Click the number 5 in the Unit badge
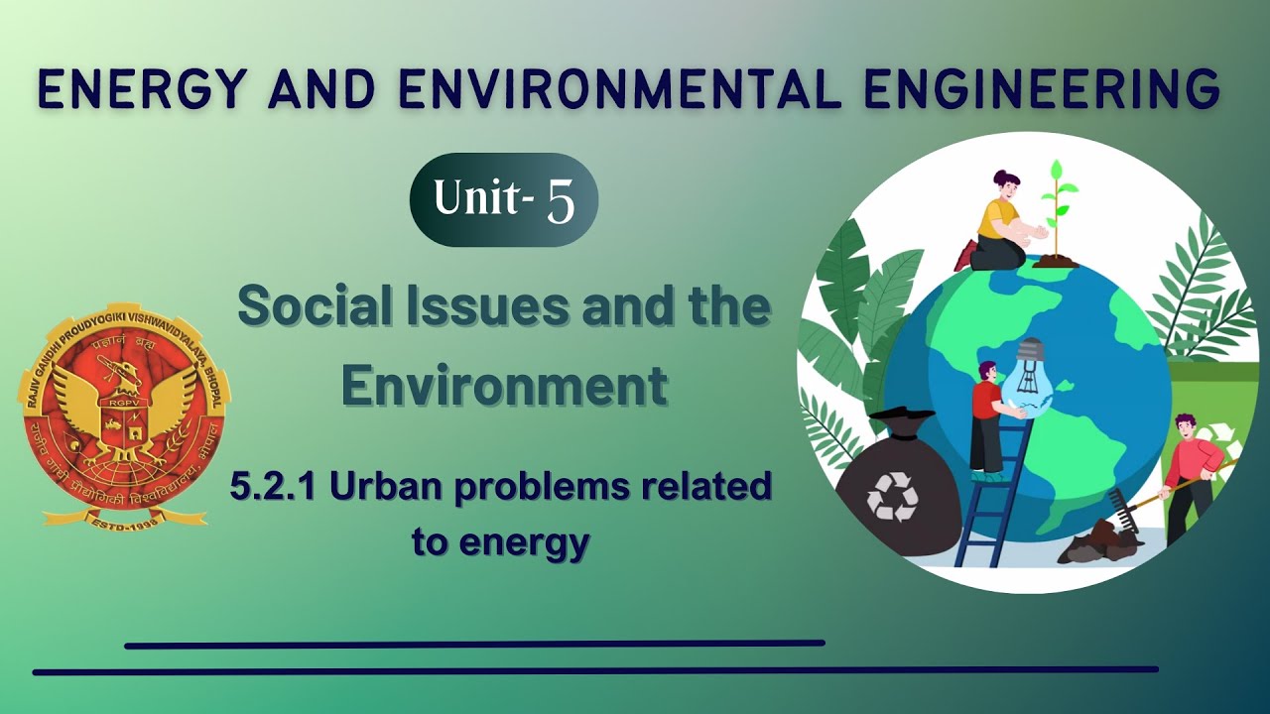coord(561,200)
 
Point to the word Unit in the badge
coord(476,198)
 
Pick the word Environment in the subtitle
coord(504,387)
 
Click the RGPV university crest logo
coord(123,412)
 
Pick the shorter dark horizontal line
coord(474,645)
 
